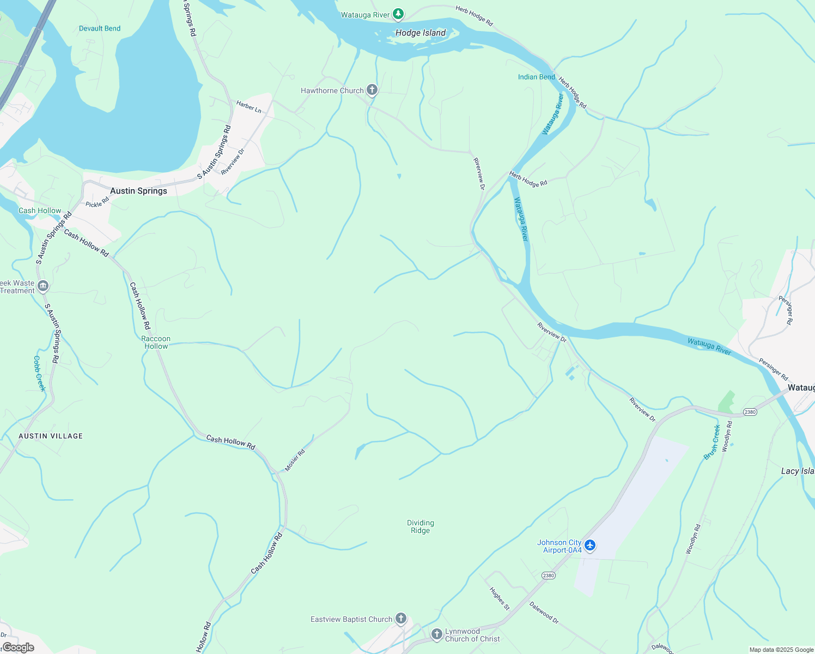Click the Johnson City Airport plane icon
coord(590,545)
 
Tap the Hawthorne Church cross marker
coord(372,90)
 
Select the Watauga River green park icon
coord(399,14)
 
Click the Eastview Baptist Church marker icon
coord(401,619)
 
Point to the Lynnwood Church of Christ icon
coord(436,634)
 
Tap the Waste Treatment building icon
coord(43,286)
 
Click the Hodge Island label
coord(420,33)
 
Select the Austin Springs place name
coord(138,191)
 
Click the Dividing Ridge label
coord(420,526)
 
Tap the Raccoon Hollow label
coord(156,342)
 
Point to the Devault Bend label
coord(100,28)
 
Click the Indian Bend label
coord(536,77)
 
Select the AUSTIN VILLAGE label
coord(51,436)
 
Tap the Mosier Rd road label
coord(295,461)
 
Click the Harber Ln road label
coord(248,107)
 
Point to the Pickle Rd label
coord(98,202)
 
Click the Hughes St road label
coord(499,598)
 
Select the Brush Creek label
coord(712,442)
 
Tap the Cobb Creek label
coord(39,373)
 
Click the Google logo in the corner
coord(18,647)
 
